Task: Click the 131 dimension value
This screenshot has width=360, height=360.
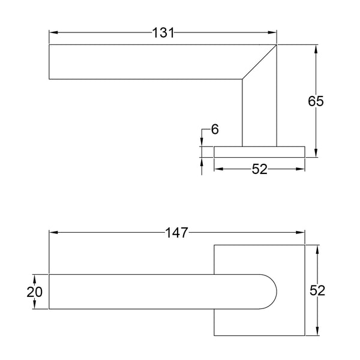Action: pyautogui.click(x=163, y=32)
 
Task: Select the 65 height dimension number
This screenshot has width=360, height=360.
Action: pyautogui.click(x=316, y=101)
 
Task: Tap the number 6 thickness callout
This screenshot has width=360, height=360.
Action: pyautogui.click(x=215, y=129)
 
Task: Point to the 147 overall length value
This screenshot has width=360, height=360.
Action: pyautogui.click(x=176, y=233)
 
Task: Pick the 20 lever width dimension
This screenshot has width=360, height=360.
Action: pyautogui.click(x=34, y=292)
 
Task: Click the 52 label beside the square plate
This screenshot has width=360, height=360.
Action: pyautogui.click(x=317, y=290)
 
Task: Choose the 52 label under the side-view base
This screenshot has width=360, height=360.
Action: pyautogui.click(x=260, y=169)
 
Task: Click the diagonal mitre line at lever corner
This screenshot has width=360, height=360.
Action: pyautogui.click(x=259, y=62)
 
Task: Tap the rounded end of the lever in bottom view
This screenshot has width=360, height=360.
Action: pyautogui.click(x=276, y=292)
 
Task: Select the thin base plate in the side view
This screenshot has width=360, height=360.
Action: pyautogui.click(x=259, y=152)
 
